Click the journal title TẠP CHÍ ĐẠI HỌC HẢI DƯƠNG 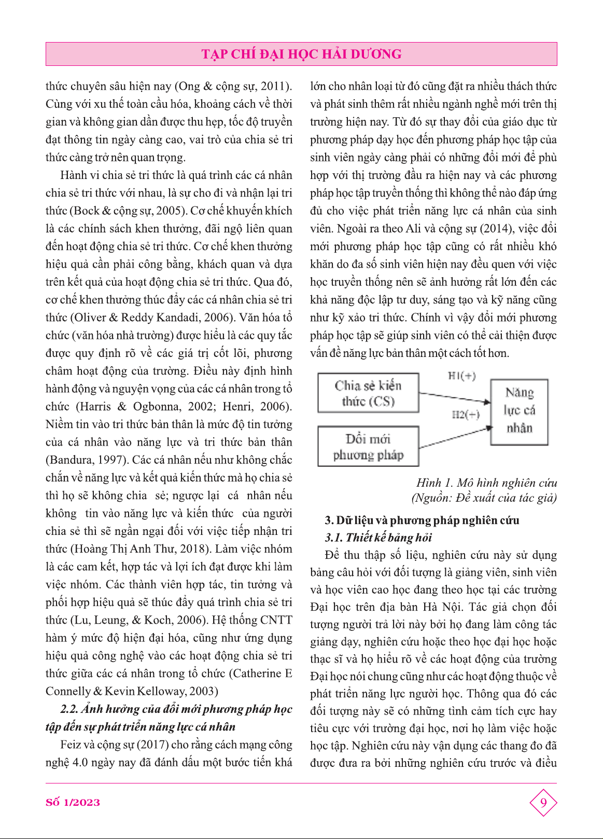301,54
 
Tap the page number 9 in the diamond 543,803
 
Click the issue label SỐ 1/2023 73,802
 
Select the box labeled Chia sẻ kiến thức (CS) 368,393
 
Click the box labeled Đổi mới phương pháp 368,447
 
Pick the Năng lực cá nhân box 519,411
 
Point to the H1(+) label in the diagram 461,376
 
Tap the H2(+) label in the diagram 466,414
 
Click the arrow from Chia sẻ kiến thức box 454,397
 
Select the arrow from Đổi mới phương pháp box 454,437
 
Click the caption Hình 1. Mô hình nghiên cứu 486,483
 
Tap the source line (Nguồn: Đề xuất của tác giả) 484,498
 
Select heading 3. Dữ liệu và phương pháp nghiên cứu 422,520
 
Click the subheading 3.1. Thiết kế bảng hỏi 378,538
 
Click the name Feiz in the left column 71,745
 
